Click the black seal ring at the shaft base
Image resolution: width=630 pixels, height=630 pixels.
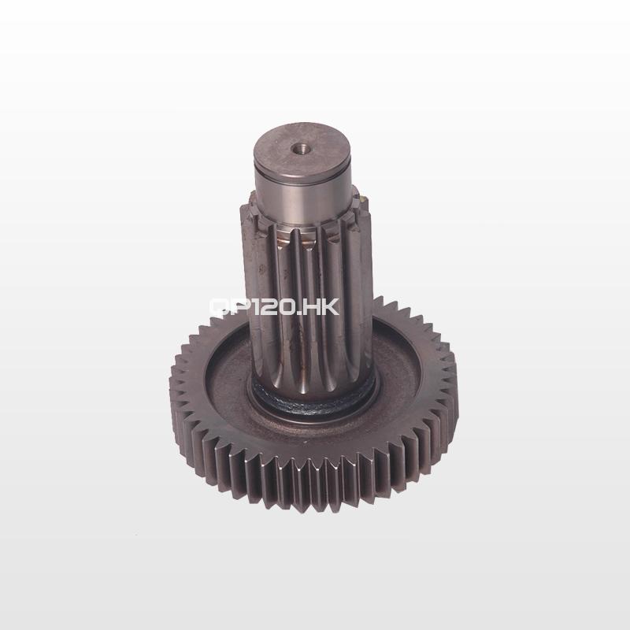[313, 403]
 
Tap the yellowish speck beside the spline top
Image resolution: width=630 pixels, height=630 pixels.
[364, 198]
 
